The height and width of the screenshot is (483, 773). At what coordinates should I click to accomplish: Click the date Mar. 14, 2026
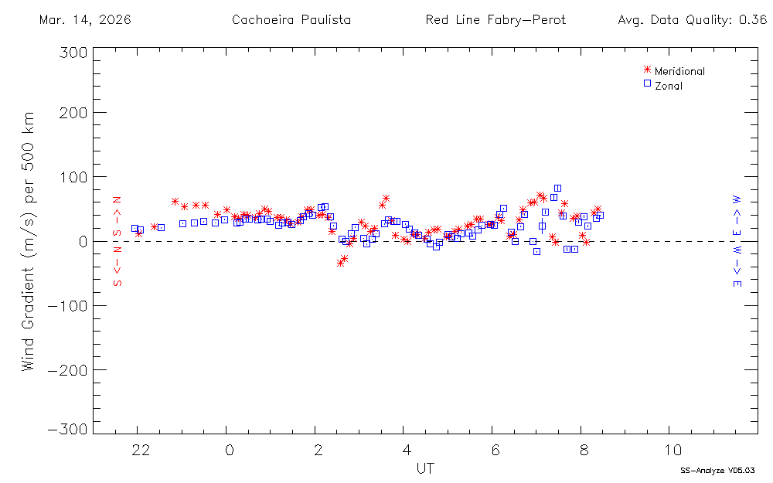tap(85, 19)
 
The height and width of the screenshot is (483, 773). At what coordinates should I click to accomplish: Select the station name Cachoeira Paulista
tap(291, 19)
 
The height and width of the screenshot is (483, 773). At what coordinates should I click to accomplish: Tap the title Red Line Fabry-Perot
tap(495, 19)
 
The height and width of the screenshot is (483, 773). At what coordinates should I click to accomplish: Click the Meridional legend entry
tap(679, 71)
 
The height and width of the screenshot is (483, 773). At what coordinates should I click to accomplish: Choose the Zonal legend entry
tap(668, 86)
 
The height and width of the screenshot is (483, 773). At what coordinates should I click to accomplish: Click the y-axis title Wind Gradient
tap(29, 240)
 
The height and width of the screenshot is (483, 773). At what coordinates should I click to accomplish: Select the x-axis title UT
tap(424, 468)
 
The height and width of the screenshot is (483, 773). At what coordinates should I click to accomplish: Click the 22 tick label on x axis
tap(140, 451)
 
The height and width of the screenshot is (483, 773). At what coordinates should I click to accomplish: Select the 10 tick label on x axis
tap(673, 451)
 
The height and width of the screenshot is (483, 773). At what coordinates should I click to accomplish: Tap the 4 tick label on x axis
tap(406, 451)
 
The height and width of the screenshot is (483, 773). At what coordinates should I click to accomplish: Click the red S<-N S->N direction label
tap(118, 241)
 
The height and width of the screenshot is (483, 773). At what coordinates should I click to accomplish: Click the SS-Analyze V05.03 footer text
tap(717, 470)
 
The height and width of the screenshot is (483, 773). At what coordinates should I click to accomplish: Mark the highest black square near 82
tap(557, 188)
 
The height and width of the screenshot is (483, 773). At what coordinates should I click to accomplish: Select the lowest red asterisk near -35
tap(340, 263)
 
